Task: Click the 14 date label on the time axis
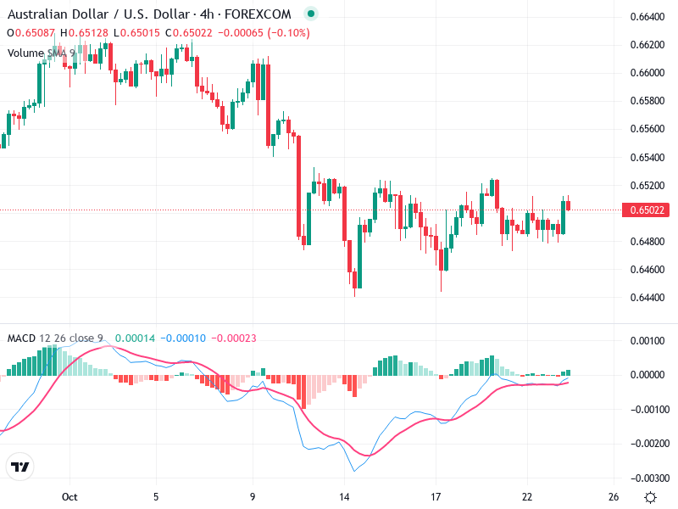coord(344,496)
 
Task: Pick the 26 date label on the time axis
coord(614,496)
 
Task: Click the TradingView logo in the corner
coord(20,467)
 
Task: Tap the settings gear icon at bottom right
coord(650,496)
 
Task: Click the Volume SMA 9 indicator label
coord(42,53)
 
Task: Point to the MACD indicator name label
coord(21,338)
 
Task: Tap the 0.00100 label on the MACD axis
coord(648,340)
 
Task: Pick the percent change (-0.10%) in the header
coord(288,33)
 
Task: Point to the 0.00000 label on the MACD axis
coord(648,375)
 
